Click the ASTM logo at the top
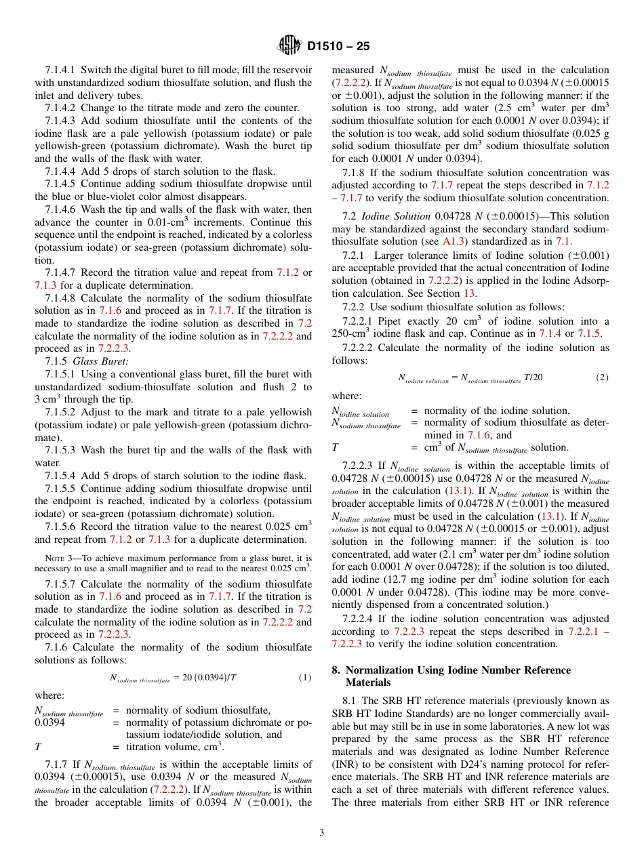click(289, 46)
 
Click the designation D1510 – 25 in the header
click(338, 47)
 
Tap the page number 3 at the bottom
click(322, 832)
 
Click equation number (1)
click(304, 677)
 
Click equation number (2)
click(601, 377)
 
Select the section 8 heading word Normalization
click(393, 670)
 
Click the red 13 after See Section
click(468, 293)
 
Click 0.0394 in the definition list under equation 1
click(49, 722)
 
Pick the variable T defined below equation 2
click(335, 448)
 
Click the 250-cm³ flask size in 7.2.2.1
click(350, 333)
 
